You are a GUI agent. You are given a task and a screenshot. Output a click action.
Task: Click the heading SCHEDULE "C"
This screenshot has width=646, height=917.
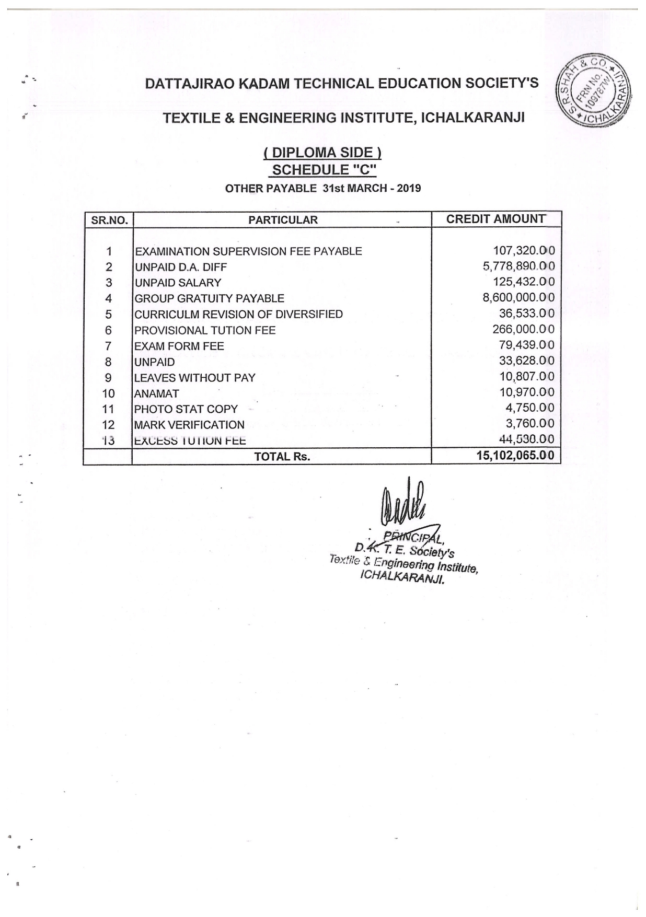(x=324, y=170)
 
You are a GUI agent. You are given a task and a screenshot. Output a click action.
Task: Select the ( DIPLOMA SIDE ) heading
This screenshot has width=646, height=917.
(x=322, y=153)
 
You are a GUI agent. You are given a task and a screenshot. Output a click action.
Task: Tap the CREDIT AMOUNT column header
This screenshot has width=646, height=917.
(x=495, y=219)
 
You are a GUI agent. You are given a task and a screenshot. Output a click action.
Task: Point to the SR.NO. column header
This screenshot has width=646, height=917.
(x=109, y=220)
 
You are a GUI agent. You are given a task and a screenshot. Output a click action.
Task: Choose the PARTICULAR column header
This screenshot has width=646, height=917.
(x=283, y=220)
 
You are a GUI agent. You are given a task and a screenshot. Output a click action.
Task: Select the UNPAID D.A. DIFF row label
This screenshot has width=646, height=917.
(x=180, y=268)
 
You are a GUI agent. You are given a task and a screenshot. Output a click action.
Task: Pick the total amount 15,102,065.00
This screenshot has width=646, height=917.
(x=515, y=455)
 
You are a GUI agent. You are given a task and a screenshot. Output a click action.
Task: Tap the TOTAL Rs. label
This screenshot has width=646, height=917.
(x=282, y=457)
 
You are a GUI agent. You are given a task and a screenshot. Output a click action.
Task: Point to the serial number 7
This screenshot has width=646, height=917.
(x=109, y=346)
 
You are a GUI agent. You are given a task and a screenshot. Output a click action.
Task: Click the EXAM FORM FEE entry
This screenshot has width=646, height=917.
(x=179, y=346)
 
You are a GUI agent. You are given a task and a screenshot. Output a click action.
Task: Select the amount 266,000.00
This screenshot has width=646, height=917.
(x=523, y=329)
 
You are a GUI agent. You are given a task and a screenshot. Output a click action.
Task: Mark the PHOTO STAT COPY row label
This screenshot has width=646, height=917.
(x=186, y=409)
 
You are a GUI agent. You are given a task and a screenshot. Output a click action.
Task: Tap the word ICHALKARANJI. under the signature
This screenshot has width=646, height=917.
(x=402, y=578)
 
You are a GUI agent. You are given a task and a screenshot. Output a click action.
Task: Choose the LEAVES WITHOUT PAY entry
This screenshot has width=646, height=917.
(x=195, y=378)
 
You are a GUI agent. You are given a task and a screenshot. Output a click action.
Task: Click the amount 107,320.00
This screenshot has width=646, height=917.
(x=523, y=251)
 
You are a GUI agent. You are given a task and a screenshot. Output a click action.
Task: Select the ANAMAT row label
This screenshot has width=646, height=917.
(x=157, y=393)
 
